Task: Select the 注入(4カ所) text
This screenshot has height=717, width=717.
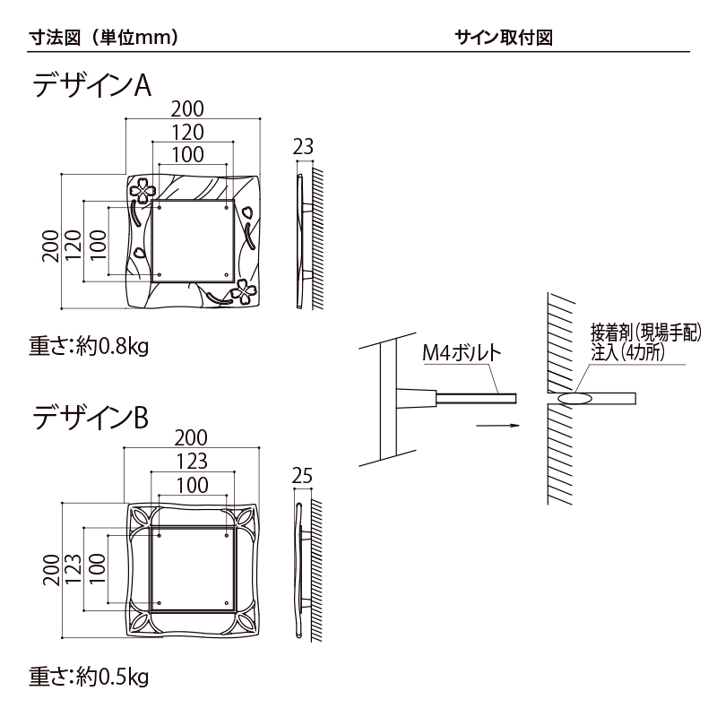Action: pyautogui.click(x=630, y=352)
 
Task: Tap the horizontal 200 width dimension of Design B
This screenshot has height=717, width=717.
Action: pyautogui.click(x=190, y=438)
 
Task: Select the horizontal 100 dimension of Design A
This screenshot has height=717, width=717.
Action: pyautogui.click(x=187, y=154)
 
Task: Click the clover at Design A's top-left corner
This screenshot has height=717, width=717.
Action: pyautogui.click(x=143, y=189)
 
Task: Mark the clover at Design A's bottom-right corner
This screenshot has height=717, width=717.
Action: pyautogui.click(x=244, y=291)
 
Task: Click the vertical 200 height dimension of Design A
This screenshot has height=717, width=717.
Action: pyautogui.click(x=52, y=242)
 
